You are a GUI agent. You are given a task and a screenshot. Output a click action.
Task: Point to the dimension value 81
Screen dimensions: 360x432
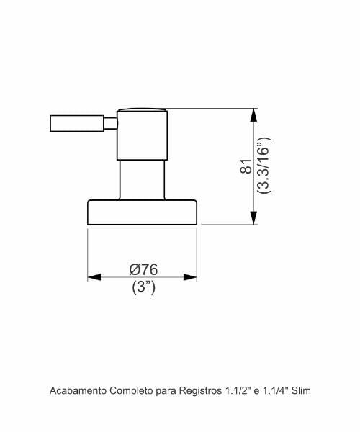tap(246, 166)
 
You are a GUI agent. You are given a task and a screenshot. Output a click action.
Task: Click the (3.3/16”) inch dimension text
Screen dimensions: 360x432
tap(264, 166)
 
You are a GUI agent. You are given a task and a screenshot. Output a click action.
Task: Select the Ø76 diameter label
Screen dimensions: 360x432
tap(143, 269)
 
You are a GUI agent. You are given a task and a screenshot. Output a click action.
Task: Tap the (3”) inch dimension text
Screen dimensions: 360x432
tap(143, 287)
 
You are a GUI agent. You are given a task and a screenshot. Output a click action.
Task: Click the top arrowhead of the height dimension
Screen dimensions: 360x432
tap(253, 115)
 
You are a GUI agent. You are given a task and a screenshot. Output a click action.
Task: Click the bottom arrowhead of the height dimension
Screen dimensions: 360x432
tap(253, 218)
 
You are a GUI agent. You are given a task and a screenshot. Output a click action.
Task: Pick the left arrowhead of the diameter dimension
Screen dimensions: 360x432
tap(94, 277)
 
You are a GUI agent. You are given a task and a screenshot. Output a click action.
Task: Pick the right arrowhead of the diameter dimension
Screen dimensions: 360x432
tap(190, 277)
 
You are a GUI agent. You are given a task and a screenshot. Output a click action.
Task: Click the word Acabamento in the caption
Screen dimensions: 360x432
tap(78, 391)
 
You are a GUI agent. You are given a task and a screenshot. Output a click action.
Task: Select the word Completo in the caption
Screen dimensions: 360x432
tap(131, 391)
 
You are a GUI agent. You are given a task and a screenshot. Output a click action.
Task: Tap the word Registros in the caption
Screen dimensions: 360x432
tap(201, 391)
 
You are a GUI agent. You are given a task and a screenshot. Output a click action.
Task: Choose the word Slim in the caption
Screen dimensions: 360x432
tap(301, 391)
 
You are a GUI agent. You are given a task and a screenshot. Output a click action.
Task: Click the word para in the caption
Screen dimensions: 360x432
tap(166, 392)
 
